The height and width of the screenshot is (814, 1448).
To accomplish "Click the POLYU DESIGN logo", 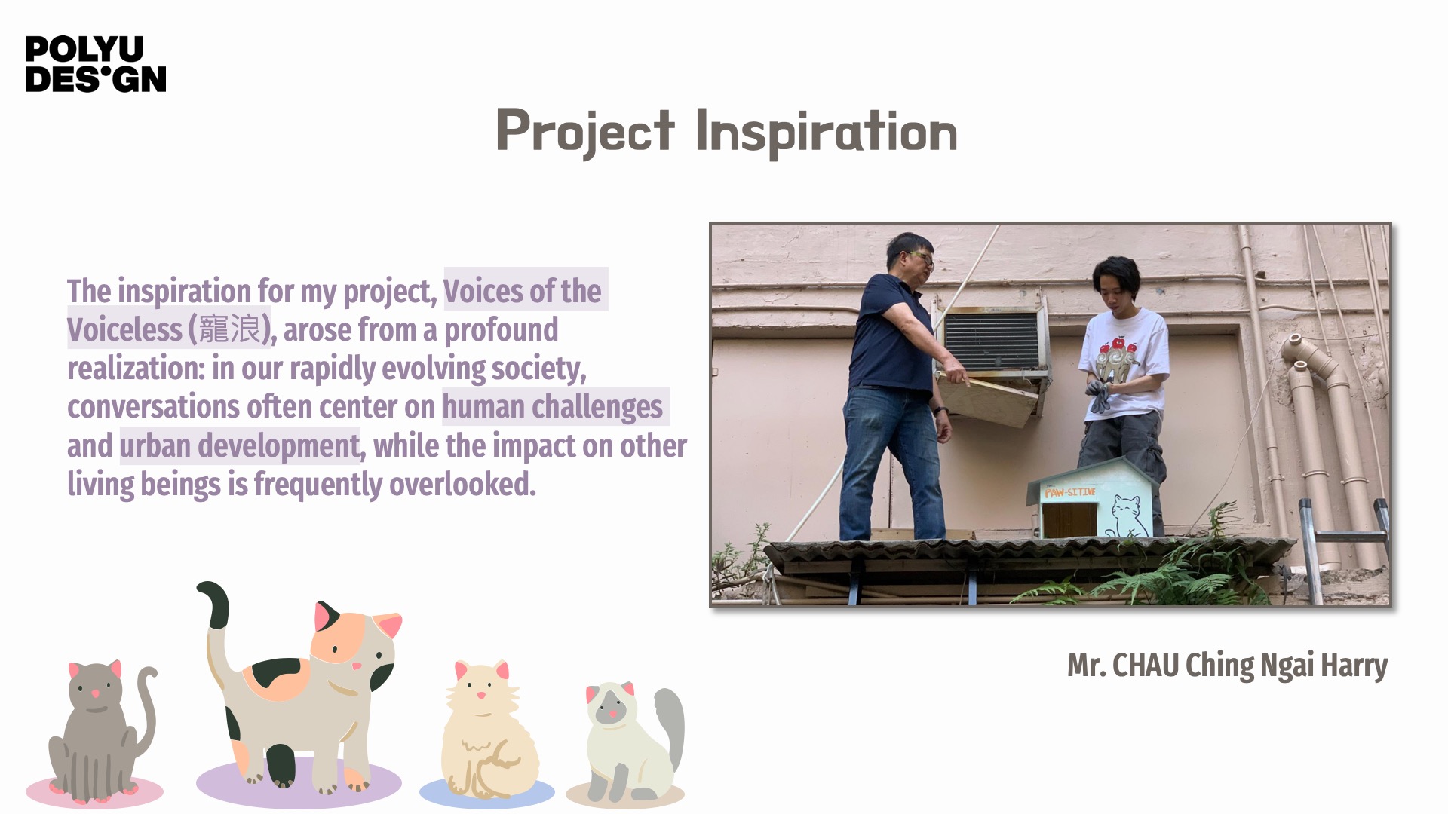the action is (95, 64).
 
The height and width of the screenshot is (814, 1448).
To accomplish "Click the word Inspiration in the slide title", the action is (827, 133).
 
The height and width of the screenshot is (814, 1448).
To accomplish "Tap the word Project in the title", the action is (585, 133).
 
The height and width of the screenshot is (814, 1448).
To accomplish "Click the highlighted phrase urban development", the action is (240, 445).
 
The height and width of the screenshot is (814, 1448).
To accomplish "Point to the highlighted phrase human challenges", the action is (552, 407).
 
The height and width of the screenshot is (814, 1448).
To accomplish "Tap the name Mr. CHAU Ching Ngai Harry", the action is (1227, 666).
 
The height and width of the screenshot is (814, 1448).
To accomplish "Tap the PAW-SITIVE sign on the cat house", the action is (1070, 492).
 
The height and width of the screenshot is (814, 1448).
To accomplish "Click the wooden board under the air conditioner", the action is (988, 399).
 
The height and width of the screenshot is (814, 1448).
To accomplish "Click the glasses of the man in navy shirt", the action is (922, 259).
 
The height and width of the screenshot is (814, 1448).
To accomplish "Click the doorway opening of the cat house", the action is (1069, 519).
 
